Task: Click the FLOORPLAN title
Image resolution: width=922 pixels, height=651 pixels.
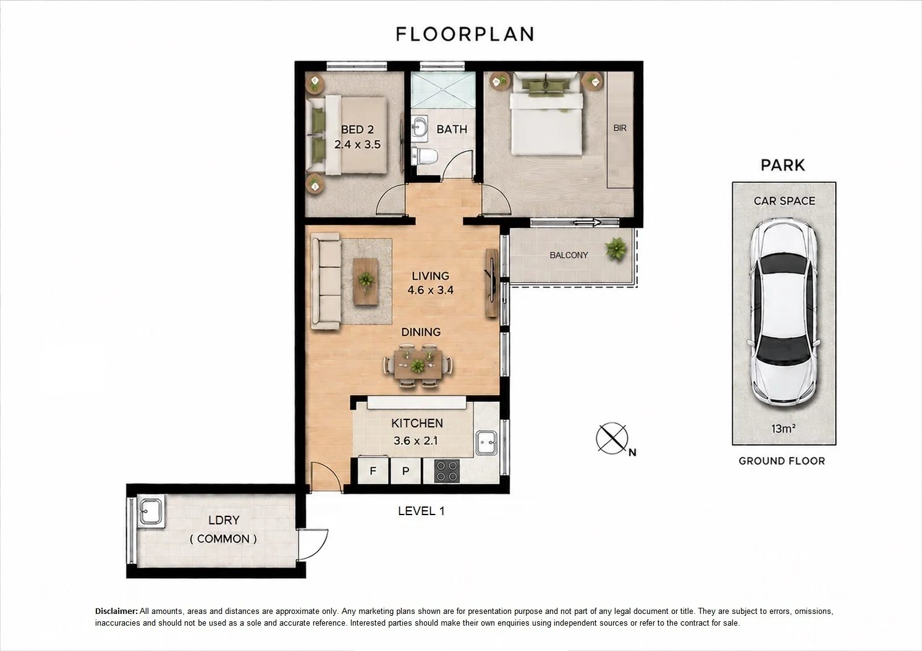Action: point(465,34)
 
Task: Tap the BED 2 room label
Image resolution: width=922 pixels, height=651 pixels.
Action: point(357,130)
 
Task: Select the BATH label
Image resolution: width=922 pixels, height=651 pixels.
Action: point(452,129)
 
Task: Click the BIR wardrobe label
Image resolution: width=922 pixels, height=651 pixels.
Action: point(620,128)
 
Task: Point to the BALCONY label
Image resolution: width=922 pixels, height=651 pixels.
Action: point(569,255)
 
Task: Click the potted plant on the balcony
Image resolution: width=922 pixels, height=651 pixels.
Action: point(615,248)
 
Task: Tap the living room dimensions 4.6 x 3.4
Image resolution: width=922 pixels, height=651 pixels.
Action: point(431,290)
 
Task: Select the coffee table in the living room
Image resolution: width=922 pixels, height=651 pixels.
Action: point(365,282)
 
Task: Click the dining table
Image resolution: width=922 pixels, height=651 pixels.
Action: point(418,364)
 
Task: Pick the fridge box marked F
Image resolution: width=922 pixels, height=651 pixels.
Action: point(373,471)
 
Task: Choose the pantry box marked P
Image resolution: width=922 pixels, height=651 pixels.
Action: point(406,471)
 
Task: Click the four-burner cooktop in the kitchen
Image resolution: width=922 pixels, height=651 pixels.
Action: point(447,471)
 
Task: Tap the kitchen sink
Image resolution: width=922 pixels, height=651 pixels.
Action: point(486,443)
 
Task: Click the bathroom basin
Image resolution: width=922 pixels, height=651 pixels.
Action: point(420,127)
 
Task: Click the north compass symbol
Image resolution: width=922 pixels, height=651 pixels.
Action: point(612,439)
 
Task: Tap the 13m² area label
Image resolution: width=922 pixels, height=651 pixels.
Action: point(783,429)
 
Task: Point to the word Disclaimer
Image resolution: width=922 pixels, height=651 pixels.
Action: point(116,611)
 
